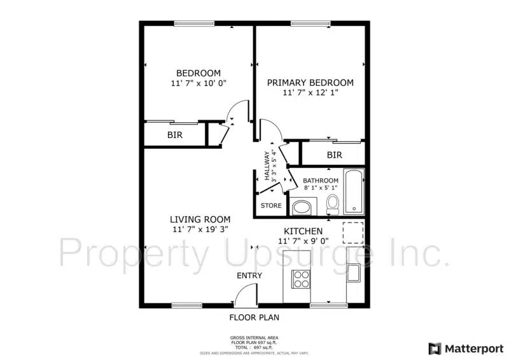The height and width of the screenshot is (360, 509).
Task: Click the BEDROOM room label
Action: coord(199,73)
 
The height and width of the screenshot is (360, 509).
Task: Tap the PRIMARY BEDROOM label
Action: coord(310,82)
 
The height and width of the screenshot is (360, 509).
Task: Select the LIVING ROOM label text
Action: coord(200,219)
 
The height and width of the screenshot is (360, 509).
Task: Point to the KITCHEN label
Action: coord(303,231)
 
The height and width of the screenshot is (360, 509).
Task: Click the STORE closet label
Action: coord(271,205)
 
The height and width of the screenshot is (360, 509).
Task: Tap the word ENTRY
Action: coord(249,275)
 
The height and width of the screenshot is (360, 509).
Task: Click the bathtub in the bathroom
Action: coord(353,191)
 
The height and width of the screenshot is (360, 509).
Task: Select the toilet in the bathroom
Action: coord(332,204)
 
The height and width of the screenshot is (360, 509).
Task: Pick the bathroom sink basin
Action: coord(303,207)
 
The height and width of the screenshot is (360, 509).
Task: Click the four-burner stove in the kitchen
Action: coord(300,278)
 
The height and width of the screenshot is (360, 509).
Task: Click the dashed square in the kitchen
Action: coord(353,233)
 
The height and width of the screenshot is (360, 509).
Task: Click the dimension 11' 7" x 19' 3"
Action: coord(200,229)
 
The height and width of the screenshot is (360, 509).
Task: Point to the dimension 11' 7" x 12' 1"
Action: coord(310,92)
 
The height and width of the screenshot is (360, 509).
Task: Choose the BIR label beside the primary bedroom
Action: coord(334,155)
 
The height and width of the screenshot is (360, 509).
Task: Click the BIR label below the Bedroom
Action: coord(174,135)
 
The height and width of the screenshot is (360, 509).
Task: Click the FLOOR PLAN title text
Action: coord(254,317)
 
